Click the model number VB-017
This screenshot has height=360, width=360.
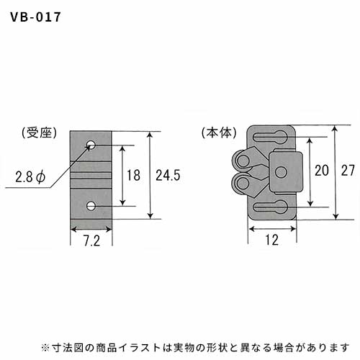[35, 17]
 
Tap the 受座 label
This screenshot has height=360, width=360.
[40, 132]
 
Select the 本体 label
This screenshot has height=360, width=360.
[219, 132]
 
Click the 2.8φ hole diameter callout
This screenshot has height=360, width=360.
[30, 177]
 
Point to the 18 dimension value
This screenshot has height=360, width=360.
[133, 175]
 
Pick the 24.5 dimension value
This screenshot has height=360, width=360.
[168, 175]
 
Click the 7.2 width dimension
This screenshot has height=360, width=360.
[91, 240]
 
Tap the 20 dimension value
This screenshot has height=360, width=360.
[322, 171]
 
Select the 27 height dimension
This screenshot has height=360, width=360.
[348, 171]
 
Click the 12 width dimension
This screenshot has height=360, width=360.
[271, 240]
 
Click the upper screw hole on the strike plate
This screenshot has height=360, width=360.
[91, 145]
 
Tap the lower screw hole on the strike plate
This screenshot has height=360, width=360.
[91, 206]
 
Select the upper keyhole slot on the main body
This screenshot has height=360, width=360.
[270, 137]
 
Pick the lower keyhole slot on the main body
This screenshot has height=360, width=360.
[270, 207]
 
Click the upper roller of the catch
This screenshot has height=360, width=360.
[242, 160]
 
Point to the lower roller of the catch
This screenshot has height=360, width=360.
[242, 184]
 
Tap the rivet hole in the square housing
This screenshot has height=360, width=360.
[281, 172]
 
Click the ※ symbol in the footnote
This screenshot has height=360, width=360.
[45, 348]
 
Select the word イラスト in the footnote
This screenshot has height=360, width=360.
[140, 348]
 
